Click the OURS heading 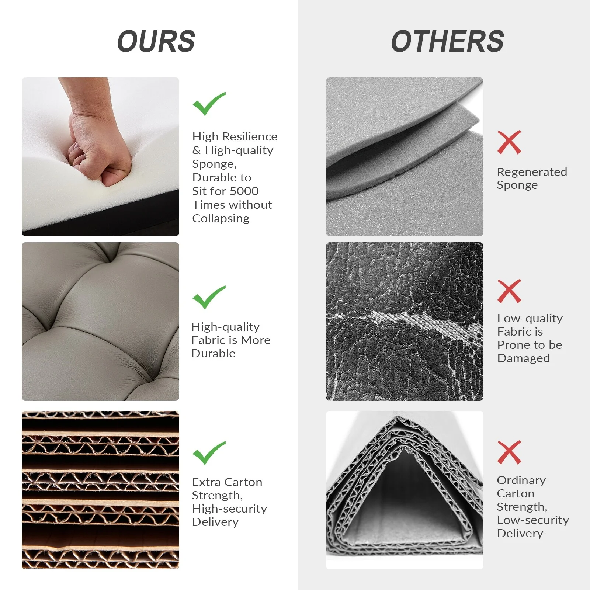[156, 41]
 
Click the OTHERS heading [447, 41]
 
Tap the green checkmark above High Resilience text [208, 104]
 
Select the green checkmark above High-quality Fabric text [208, 297]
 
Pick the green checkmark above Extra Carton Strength [208, 453]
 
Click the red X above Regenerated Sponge [509, 142]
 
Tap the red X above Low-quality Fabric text [509, 291]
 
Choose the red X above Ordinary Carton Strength [509, 452]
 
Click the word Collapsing [221, 219]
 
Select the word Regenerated [532, 172]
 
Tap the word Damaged [523, 358]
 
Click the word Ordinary [521, 480]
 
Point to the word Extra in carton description [206, 482]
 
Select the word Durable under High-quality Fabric [213, 353]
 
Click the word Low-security [533, 520]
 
